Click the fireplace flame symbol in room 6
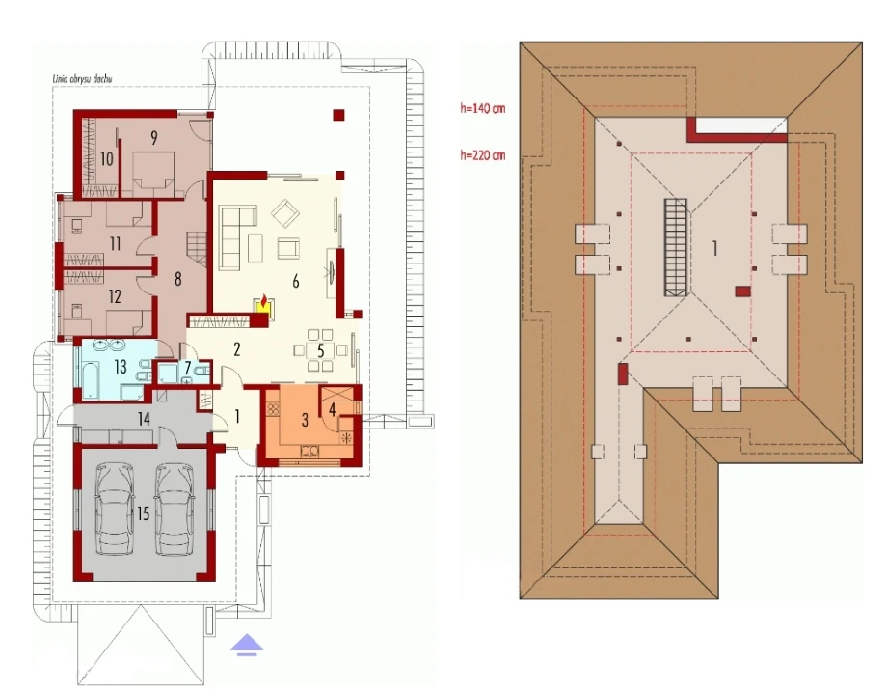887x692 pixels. coord(263,302)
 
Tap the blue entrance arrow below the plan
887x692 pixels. coord(247,645)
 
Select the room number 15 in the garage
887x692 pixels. coord(143,513)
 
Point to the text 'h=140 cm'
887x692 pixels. coord(482,107)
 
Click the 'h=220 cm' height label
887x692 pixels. coord(482,154)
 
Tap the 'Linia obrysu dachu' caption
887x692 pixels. coord(83,79)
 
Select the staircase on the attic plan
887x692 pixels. coord(676,247)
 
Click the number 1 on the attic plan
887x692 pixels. coord(714,248)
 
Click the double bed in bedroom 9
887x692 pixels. coord(153,170)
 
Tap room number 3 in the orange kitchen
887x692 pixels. coord(305,420)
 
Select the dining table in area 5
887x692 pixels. coord(320,350)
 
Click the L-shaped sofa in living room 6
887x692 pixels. coord(237,237)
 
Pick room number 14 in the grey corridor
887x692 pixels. coord(144,419)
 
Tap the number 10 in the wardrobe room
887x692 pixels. coord(106,159)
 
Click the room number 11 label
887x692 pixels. coord(116,244)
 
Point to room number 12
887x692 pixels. coord(115,296)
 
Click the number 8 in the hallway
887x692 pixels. coord(177,279)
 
